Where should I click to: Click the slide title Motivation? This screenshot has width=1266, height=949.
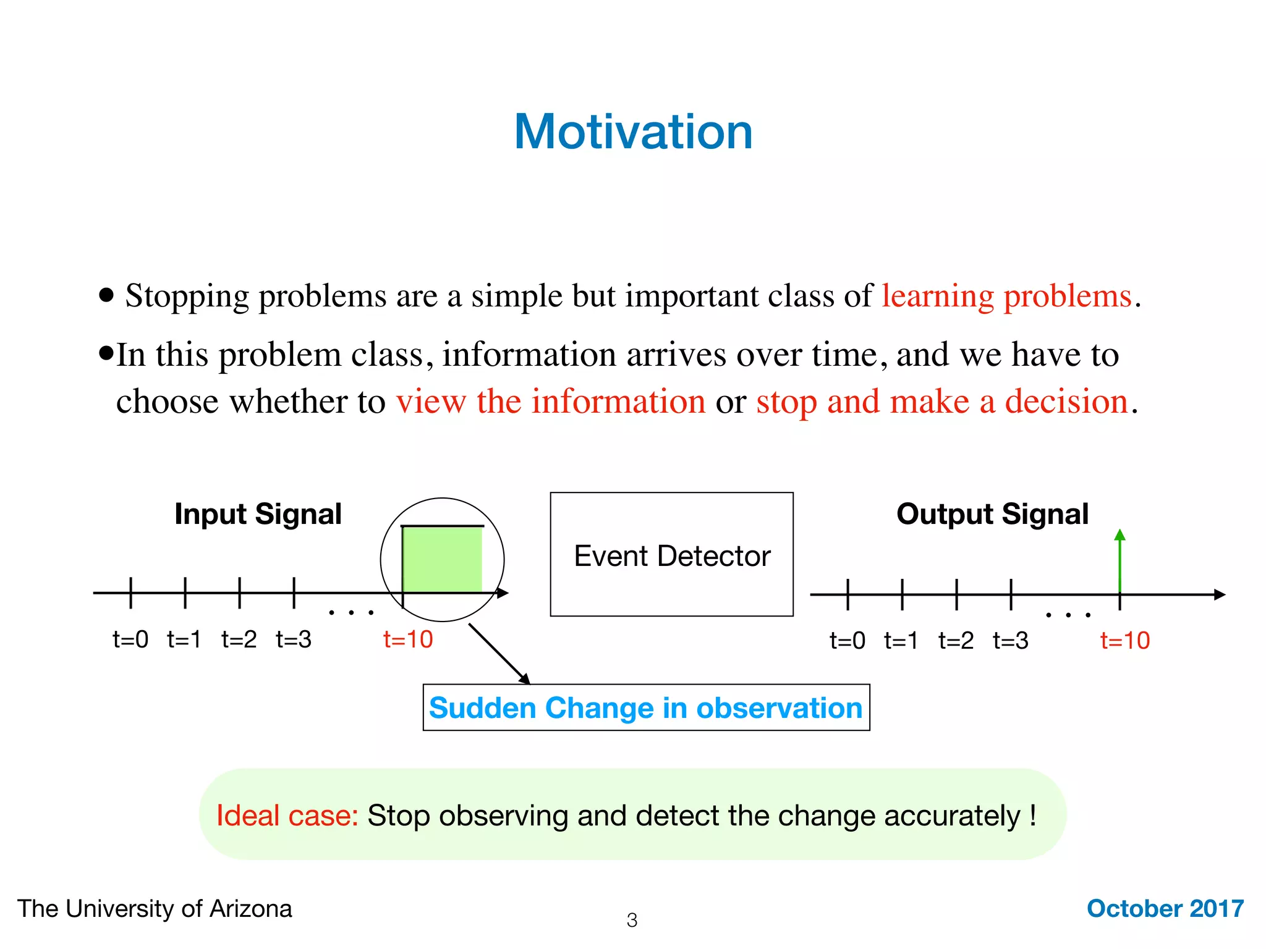click(633, 132)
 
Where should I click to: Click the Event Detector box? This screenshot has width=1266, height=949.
click(671, 554)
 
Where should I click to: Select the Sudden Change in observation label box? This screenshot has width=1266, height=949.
click(646, 707)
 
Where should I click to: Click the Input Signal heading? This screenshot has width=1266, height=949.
click(258, 514)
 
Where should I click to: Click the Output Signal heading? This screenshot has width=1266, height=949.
click(992, 514)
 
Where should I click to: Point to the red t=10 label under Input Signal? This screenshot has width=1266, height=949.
click(408, 639)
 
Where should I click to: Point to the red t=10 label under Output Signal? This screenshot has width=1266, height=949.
click(1124, 641)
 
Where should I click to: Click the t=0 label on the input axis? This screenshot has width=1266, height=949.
click(130, 639)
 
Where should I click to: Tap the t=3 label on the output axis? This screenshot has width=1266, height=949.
click(1010, 641)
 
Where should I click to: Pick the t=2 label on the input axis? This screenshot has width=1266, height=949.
click(239, 639)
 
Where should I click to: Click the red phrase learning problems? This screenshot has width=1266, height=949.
click(1006, 296)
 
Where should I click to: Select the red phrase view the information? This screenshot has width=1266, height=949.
click(551, 402)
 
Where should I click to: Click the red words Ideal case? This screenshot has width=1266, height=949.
click(287, 816)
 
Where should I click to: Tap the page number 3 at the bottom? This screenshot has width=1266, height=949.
click(632, 920)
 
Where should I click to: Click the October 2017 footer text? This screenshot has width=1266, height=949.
click(1165, 908)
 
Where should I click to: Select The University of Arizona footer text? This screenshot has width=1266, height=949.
click(155, 909)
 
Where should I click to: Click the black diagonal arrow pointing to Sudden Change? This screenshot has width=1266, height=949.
click(498, 653)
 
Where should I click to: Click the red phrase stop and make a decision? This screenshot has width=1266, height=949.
click(942, 402)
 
